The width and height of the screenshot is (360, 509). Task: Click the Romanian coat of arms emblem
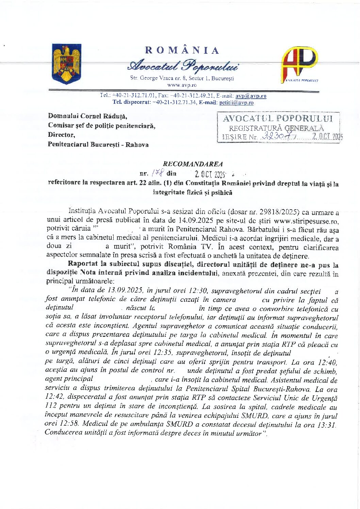click(x=66, y=64)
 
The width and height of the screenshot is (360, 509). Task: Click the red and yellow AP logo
click(x=299, y=65)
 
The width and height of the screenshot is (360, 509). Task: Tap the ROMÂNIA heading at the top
click(x=182, y=50)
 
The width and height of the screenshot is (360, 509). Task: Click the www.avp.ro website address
click(x=182, y=85)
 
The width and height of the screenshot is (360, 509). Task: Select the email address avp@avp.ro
click(x=251, y=96)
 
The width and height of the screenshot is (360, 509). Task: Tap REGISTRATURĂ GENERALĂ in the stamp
click(x=276, y=128)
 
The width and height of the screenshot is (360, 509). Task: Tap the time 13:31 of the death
click(x=326, y=424)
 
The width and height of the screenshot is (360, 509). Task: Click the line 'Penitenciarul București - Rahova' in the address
click(x=98, y=145)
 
